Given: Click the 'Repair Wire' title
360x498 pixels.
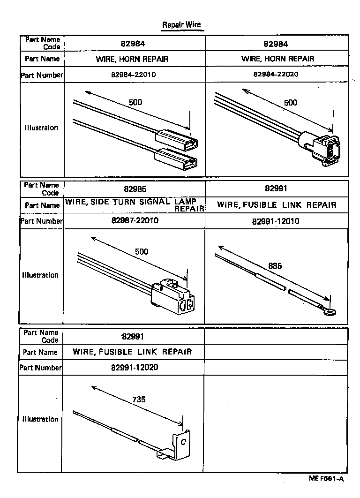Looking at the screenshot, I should [181, 25].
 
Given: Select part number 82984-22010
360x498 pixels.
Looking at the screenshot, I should [134, 74].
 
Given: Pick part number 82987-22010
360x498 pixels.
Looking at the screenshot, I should [135, 220].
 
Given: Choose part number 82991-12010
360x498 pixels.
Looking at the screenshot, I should [276, 221].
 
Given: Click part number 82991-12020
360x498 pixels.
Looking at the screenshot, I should [135, 367].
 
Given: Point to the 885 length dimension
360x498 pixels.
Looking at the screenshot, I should [275, 266].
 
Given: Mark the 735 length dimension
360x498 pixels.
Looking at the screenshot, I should [139, 400].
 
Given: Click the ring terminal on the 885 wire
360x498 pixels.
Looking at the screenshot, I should [330, 311].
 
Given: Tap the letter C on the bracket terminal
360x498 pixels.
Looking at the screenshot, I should [183, 442].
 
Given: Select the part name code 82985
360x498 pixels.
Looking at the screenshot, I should [135, 189].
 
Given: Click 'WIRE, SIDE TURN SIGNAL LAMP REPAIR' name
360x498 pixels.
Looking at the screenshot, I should [135, 204].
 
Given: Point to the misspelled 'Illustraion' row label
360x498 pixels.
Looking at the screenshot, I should [41, 128].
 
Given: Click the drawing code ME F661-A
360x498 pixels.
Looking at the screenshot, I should [326, 478].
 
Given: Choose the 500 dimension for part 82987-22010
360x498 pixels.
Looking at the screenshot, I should [142, 252].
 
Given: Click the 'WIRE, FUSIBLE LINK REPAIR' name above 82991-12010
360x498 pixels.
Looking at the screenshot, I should [277, 205].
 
